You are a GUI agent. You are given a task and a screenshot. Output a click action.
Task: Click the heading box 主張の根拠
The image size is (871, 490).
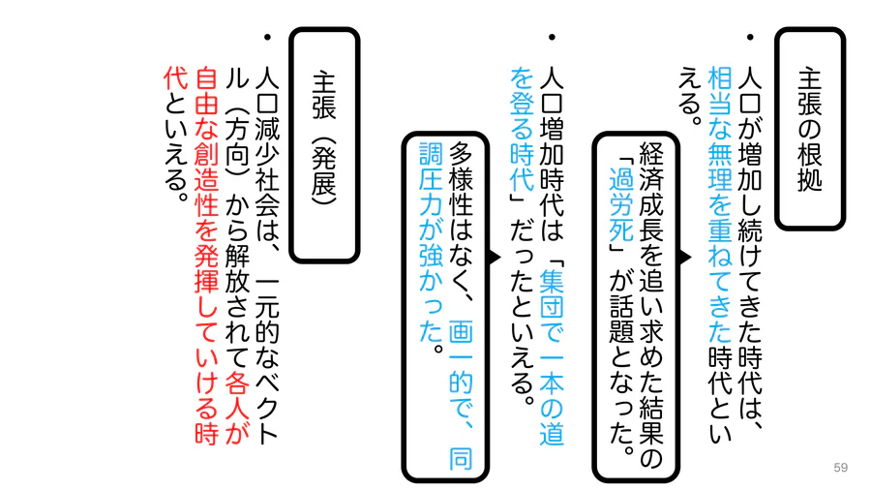(x=810, y=129)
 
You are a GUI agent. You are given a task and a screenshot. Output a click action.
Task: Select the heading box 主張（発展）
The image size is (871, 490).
(x=324, y=144)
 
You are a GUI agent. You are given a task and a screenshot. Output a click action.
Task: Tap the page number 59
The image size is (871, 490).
(x=840, y=467)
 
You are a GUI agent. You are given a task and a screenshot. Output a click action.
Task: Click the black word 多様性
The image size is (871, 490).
(x=461, y=179)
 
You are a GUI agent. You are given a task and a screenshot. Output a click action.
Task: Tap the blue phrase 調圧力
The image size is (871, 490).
(x=431, y=179)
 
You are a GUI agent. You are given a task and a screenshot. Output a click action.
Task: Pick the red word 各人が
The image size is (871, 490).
(x=237, y=408)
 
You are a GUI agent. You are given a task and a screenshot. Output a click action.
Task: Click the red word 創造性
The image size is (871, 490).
(x=207, y=179)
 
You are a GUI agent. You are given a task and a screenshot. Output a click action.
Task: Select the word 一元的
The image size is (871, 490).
(x=267, y=308)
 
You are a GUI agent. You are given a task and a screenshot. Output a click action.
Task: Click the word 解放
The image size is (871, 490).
(x=237, y=270)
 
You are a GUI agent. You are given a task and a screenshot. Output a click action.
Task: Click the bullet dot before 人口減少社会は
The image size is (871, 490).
(x=267, y=37)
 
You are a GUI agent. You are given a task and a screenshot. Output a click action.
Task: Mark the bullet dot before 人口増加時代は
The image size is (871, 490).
(x=552, y=37)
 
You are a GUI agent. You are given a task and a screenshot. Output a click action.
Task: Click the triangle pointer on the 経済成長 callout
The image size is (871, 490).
(x=685, y=258)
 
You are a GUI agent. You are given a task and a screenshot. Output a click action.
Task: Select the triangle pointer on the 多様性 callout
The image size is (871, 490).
(x=495, y=258)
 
